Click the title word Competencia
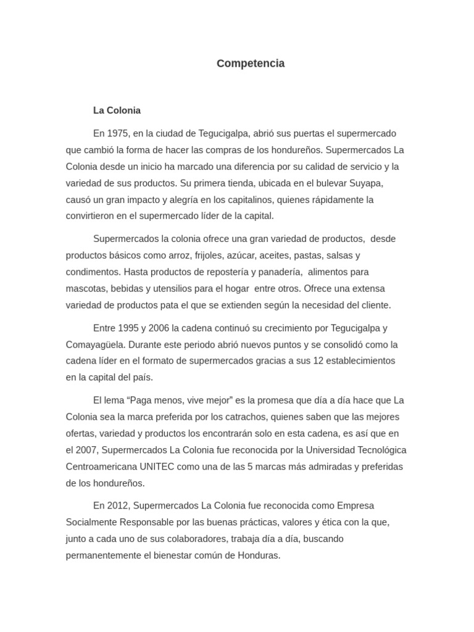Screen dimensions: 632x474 [251, 64]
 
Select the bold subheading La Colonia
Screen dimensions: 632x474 [117, 110]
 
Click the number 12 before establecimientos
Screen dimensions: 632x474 [318, 360]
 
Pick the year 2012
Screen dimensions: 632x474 [118, 505]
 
